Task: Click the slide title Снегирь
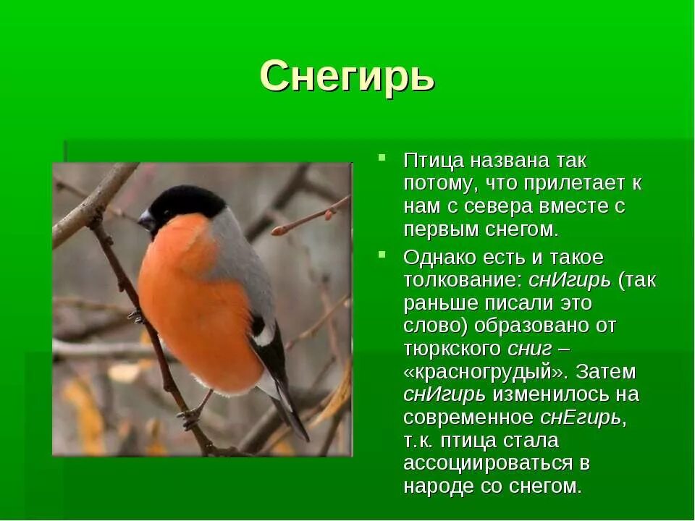pyautogui.click(x=347, y=75)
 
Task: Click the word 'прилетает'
pyautogui.click(x=565, y=183)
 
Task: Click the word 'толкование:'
pyautogui.click(x=463, y=279)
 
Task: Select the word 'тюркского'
pyautogui.click(x=452, y=349)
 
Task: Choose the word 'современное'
pyautogui.click(x=468, y=418)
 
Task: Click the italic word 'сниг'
pyautogui.click(x=530, y=349)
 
